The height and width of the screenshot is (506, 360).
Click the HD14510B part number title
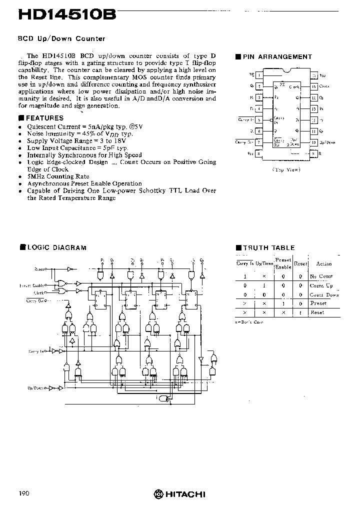coord(67,15)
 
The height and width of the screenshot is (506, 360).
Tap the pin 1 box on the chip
coord(259,75)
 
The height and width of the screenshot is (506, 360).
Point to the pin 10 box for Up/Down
coord(314,142)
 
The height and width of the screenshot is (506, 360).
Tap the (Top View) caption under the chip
coord(286,170)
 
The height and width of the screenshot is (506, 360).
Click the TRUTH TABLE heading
coord(269,247)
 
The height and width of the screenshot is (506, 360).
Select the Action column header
coord(324,263)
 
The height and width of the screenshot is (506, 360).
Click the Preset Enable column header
coord(283,263)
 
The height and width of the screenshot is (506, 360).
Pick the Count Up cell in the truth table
coord(321,285)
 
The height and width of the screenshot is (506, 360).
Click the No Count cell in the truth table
coord(321,276)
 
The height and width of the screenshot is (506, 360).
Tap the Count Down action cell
coord(324,294)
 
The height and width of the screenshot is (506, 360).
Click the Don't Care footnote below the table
coord(249,322)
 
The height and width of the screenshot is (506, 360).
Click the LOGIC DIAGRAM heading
coord(56,247)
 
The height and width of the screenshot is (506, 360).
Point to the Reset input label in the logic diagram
coord(40,269)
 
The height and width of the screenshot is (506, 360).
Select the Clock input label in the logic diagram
coord(39,292)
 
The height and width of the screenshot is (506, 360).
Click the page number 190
coord(24,493)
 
